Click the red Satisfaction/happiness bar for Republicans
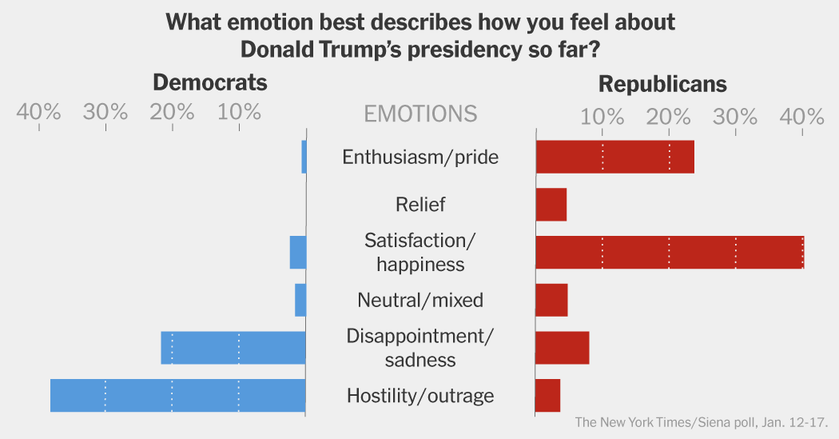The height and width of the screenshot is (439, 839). [669, 252]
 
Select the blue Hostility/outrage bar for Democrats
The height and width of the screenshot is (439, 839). [177, 396]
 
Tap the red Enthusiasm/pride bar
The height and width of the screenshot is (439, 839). [614, 157]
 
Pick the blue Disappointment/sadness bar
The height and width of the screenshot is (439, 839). [233, 348]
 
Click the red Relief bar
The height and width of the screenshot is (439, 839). [551, 205]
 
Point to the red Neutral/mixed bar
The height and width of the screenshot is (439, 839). [551, 300]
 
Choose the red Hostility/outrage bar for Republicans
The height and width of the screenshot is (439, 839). [547, 396]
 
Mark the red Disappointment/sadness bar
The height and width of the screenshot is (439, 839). [562, 348]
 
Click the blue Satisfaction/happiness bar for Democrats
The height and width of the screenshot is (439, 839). [298, 252]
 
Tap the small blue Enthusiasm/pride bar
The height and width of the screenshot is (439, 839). [304, 157]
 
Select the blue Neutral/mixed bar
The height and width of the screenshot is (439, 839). [300, 300]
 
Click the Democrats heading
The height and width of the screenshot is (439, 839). [209, 83]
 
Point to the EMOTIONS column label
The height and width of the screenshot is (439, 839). [420, 114]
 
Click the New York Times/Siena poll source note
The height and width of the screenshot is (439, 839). [701, 422]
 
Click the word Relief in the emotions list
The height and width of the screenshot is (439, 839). [420, 205]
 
